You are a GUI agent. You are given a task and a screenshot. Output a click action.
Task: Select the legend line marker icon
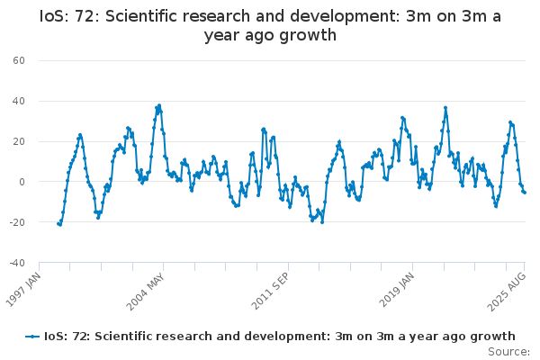(32, 336)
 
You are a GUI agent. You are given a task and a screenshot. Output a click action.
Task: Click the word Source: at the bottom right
(509, 352)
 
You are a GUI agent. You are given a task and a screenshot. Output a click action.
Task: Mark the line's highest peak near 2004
(159, 105)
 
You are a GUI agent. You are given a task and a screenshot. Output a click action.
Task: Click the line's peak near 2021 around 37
(445, 107)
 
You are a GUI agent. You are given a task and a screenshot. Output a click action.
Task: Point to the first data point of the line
(58, 223)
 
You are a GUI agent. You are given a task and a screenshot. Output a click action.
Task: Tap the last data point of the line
(525, 193)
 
